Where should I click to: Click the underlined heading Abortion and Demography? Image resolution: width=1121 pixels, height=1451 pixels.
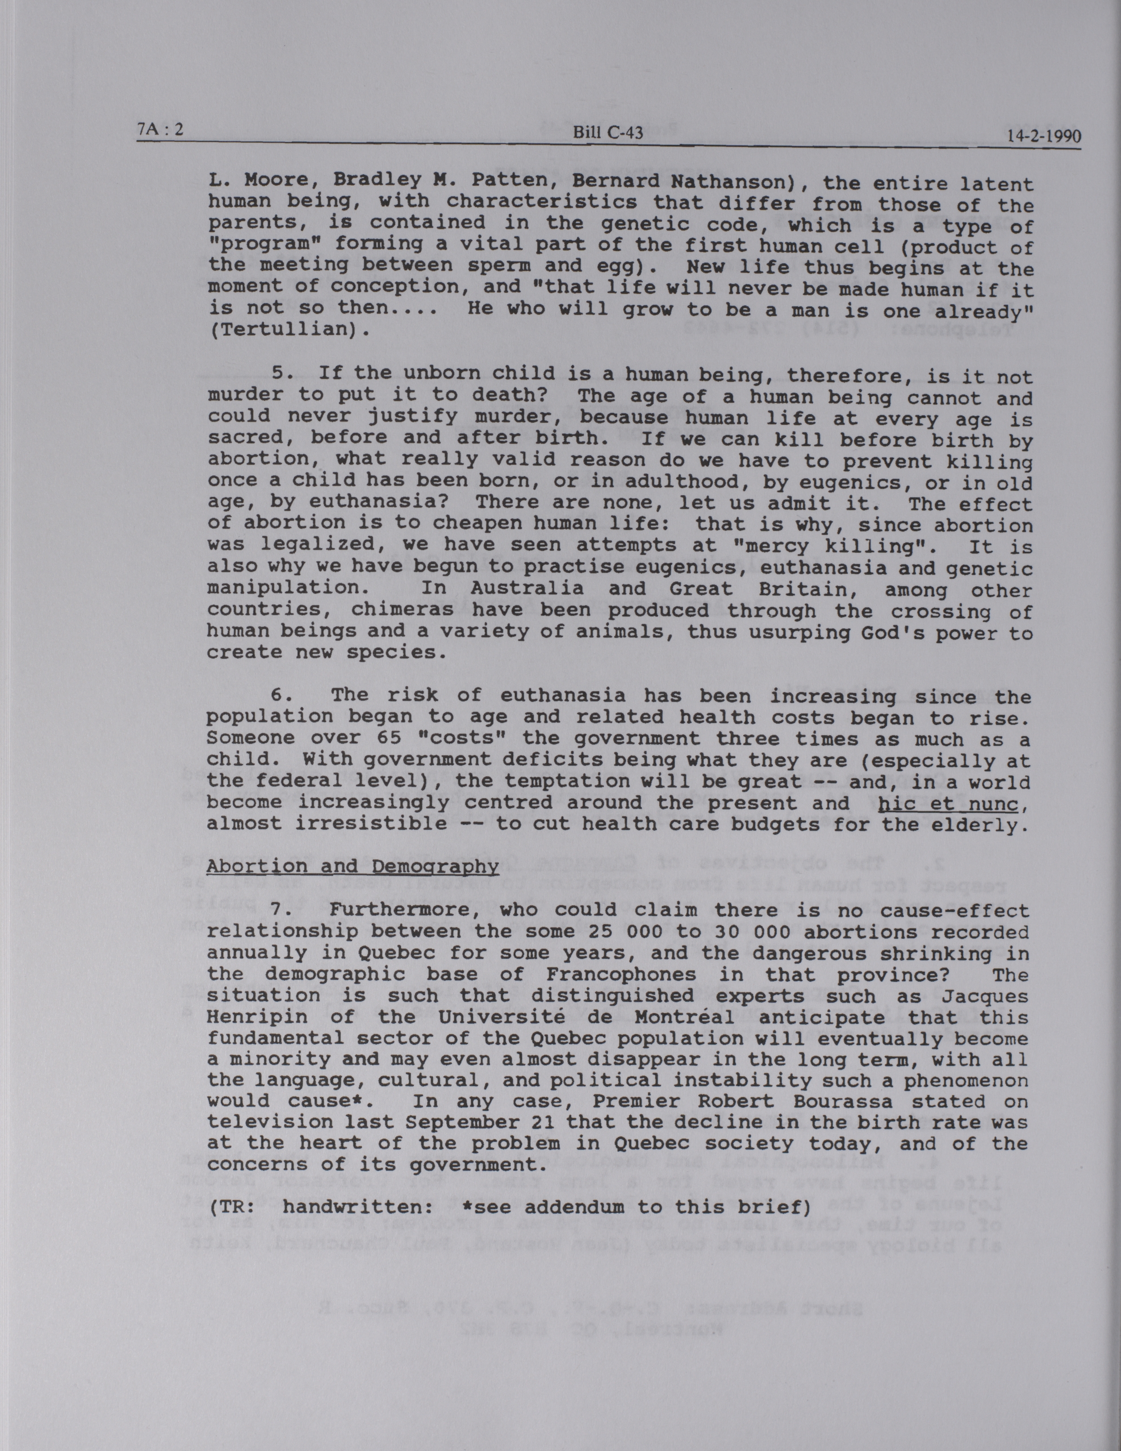tap(352, 866)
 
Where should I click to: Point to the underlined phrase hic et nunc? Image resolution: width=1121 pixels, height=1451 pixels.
tap(948, 805)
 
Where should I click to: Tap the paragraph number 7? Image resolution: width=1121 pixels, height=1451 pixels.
tap(282, 910)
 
